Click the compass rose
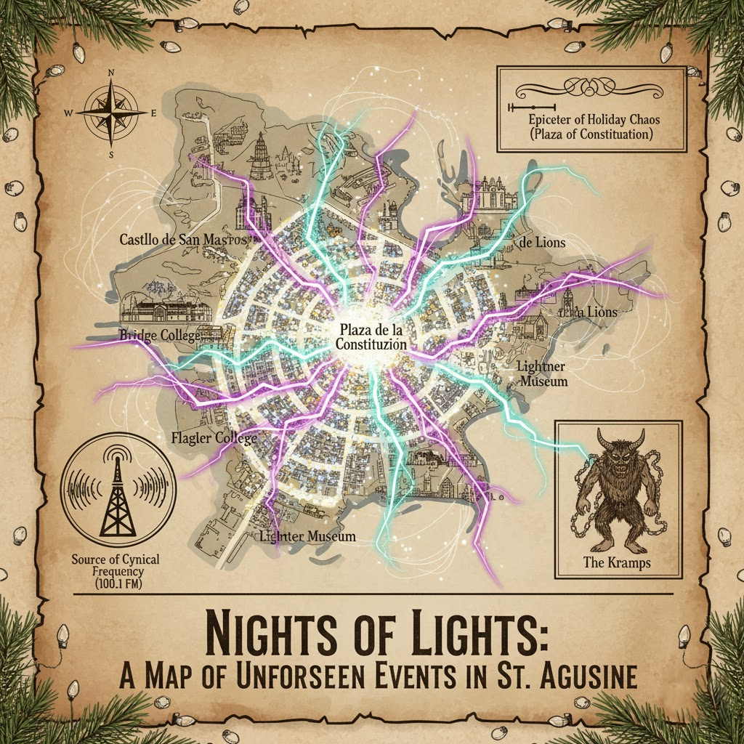[x=110, y=113]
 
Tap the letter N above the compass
[x=110, y=73]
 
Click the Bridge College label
[x=158, y=336]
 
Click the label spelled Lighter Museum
[x=308, y=537]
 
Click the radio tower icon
[x=116, y=494]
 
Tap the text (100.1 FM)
[x=116, y=585]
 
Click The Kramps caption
[x=617, y=562]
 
